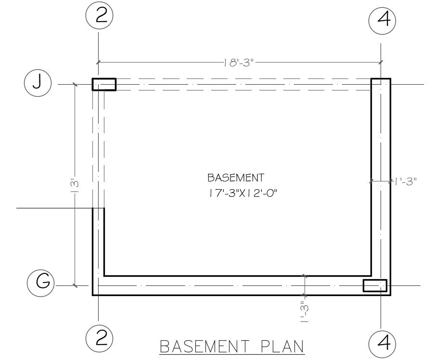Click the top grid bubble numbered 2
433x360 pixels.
[100, 15]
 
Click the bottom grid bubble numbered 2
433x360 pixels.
[100, 338]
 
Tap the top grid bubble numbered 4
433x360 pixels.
[382, 21]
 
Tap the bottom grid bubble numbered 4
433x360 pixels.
[382, 343]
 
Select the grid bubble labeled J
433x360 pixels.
[38, 83]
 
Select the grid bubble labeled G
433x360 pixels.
[40, 283]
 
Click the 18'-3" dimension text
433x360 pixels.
[239, 63]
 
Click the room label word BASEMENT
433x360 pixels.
[236, 178]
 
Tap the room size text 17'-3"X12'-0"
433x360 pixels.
[242, 193]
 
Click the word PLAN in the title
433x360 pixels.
[282, 347]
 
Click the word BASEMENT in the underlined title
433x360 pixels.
[204, 347]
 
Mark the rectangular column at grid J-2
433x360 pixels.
[104, 84]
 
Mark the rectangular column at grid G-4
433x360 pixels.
[375, 285]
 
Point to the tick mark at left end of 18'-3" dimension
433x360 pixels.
[98, 62]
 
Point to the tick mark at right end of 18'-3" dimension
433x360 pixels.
[381, 62]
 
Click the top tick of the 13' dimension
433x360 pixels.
[75, 84]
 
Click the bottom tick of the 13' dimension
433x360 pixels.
[75, 285]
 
